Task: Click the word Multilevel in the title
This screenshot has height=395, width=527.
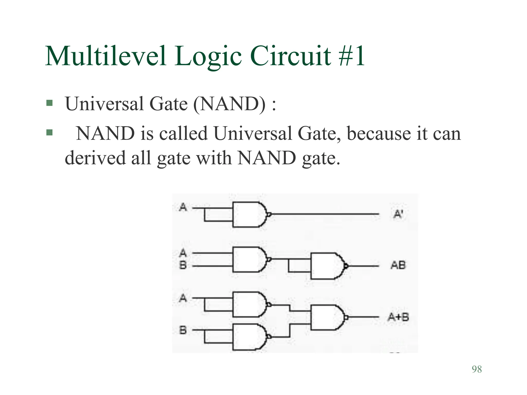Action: click(106, 56)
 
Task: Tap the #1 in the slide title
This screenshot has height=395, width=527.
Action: click(352, 56)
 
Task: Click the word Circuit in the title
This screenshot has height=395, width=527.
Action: click(291, 56)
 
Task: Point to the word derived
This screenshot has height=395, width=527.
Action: click(95, 158)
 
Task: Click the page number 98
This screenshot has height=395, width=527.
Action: click(477, 369)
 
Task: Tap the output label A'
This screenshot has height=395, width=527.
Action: click(398, 214)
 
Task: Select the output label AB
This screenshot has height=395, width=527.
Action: click(398, 265)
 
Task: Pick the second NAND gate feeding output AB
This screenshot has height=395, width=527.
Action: click(327, 266)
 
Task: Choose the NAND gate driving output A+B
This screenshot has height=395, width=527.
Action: click(327, 317)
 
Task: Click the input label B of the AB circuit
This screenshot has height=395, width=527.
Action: click(183, 265)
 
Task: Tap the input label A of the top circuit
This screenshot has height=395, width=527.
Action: click(183, 207)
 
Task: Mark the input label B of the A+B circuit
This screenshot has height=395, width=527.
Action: click(183, 330)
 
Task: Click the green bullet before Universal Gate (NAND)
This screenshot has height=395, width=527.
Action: click(49, 103)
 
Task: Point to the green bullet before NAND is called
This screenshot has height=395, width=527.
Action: click(49, 133)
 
